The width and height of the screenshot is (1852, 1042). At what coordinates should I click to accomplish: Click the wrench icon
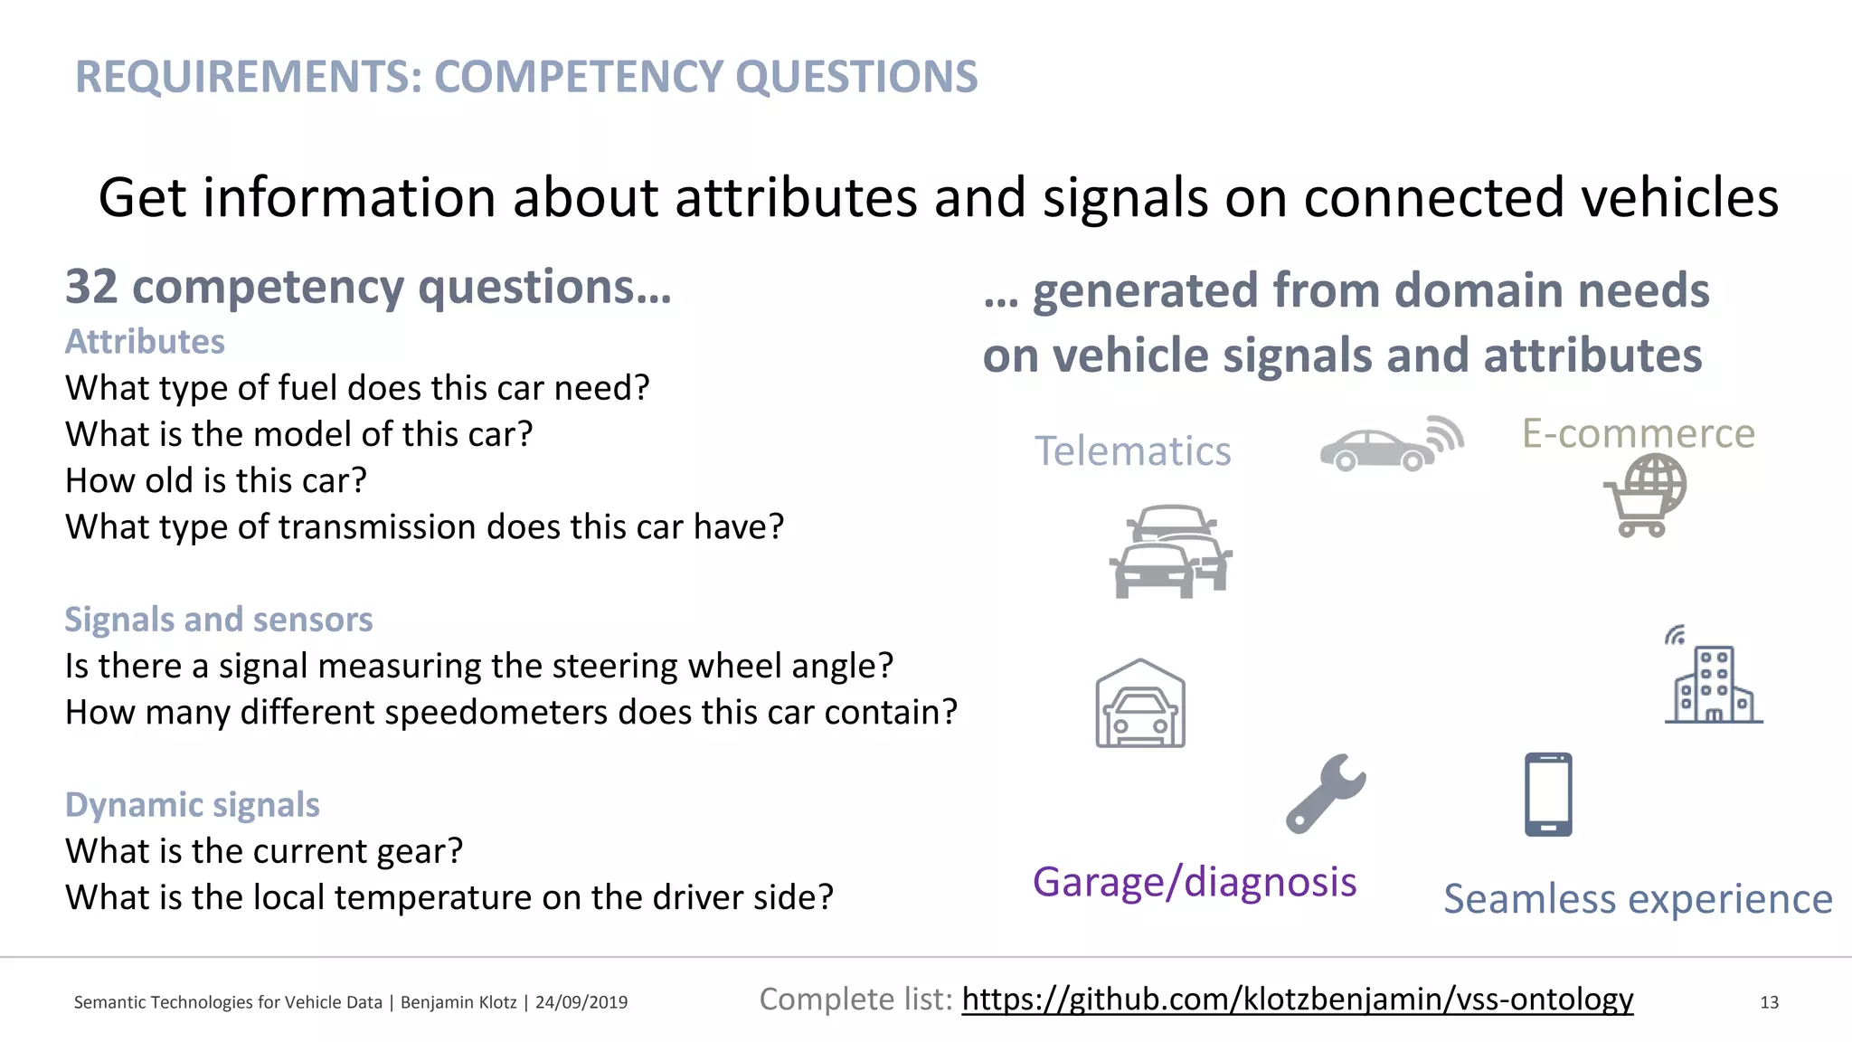1326,793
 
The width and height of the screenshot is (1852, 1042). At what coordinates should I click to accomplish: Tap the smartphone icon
1548,794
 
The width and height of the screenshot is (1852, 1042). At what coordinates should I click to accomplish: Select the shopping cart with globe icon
1646,495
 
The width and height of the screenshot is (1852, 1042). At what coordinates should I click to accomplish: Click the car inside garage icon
1140,705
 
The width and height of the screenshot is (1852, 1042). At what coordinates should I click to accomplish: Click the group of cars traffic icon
1171,551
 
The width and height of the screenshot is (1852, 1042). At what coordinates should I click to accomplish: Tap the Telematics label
1132,450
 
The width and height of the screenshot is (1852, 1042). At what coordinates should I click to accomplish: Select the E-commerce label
1638,433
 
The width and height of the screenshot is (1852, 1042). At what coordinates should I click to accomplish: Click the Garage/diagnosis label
1195,881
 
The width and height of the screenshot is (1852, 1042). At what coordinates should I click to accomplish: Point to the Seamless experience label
1638,898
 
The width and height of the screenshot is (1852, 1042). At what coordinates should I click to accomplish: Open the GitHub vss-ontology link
1297,999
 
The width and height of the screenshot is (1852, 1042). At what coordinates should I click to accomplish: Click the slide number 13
1769,1002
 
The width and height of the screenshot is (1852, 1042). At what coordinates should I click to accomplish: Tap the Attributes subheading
145,342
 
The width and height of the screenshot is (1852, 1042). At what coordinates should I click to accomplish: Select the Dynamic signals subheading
192,804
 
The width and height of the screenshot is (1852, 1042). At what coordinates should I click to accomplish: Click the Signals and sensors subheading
218,620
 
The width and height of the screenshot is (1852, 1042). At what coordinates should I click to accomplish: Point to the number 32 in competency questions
91,288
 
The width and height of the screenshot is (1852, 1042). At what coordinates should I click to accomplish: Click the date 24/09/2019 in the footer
581,1002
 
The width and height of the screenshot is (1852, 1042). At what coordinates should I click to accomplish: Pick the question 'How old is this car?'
216,480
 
